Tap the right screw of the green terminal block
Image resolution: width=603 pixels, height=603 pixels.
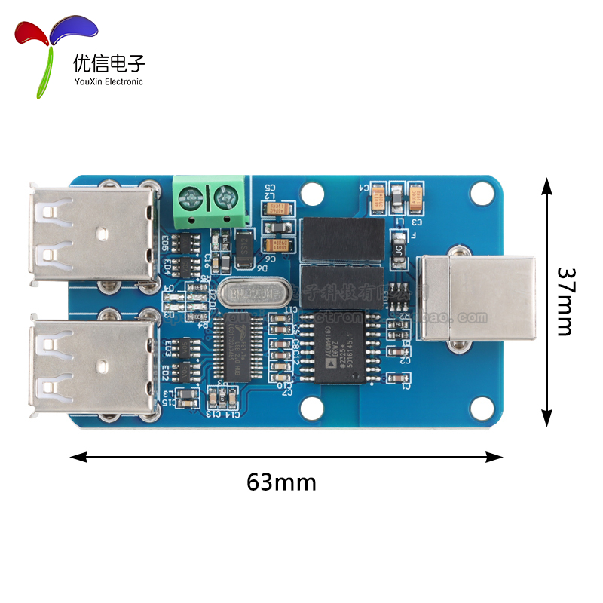click(x=224, y=199)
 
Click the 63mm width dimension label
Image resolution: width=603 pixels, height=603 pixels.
click(x=281, y=481)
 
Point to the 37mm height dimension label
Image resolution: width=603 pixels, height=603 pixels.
click(x=565, y=301)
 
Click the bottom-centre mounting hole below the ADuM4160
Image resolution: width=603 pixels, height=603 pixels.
click(x=311, y=408)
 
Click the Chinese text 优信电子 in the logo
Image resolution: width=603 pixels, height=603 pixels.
click(x=109, y=63)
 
